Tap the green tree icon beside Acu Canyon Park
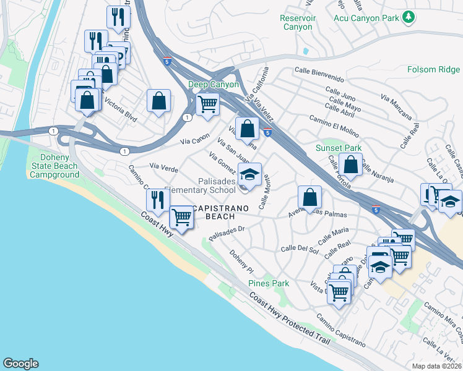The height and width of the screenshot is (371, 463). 408,17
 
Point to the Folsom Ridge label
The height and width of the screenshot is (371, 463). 433,69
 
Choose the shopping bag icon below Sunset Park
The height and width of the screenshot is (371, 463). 350,164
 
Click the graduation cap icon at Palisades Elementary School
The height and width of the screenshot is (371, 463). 249,174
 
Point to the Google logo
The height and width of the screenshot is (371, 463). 20,364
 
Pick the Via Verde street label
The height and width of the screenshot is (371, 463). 165,167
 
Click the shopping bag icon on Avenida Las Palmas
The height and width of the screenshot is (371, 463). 309,197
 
